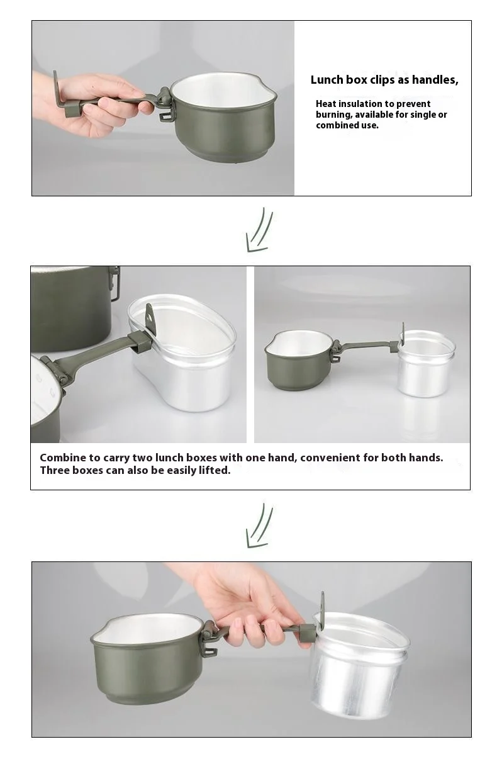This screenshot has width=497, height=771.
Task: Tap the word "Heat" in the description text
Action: click(325, 104)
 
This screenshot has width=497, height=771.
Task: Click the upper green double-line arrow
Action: click(259, 230)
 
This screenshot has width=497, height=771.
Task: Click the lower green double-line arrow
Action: click(259, 526)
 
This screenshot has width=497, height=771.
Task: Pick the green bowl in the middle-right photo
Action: click(299, 359)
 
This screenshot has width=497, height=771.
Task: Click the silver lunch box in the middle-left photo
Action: click(182, 358)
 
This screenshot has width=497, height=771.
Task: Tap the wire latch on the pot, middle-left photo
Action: click(116, 282)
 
